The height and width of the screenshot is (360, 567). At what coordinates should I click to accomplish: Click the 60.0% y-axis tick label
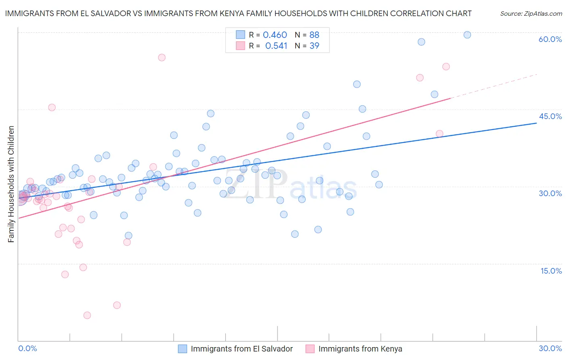coord(550,39)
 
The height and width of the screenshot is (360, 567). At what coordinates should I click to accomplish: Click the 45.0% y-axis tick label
coord(550,116)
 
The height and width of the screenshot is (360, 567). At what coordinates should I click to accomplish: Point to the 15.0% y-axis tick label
coord(551,271)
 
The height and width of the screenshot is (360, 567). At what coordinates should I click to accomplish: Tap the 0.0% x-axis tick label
coord(28,348)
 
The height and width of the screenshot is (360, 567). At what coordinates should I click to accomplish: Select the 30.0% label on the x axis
coord(550,348)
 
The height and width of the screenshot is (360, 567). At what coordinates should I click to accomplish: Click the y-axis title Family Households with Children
coord(11,184)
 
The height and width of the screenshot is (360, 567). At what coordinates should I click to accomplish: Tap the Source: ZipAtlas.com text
coord(531,13)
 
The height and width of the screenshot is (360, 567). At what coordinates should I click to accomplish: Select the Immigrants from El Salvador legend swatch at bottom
coord(183,349)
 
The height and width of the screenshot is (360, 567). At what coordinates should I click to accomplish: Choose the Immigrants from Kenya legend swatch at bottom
coord(310,349)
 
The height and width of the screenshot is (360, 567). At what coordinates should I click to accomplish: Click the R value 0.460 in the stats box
coord(275,35)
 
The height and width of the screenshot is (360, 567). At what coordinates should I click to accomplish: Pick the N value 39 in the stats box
coord(314,46)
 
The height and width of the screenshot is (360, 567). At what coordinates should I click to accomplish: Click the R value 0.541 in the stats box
coord(276,46)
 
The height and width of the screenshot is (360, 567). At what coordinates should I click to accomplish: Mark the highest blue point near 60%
coord(467,35)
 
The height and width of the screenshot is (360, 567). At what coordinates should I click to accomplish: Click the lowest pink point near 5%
coord(87,315)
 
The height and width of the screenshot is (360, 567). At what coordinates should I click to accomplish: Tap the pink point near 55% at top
coord(162,57)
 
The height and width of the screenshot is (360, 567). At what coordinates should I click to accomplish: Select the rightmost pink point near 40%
coord(440,134)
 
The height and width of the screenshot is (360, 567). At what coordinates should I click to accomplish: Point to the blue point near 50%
coord(357,84)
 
